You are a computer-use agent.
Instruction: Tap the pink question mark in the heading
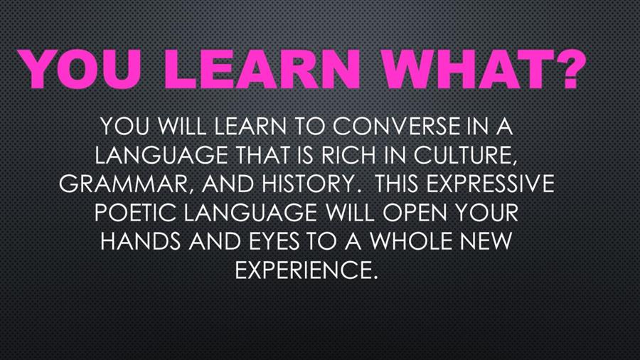coord(567,69)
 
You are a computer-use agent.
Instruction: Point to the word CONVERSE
coord(396,126)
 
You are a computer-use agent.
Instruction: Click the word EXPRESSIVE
coord(491,184)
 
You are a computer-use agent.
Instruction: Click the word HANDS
coord(140,240)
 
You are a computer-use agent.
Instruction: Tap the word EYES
coord(274,240)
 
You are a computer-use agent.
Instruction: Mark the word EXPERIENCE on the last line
coord(304,270)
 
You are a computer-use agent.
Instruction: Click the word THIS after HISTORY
coord(396,184)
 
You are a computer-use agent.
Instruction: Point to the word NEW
coord(486,240)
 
